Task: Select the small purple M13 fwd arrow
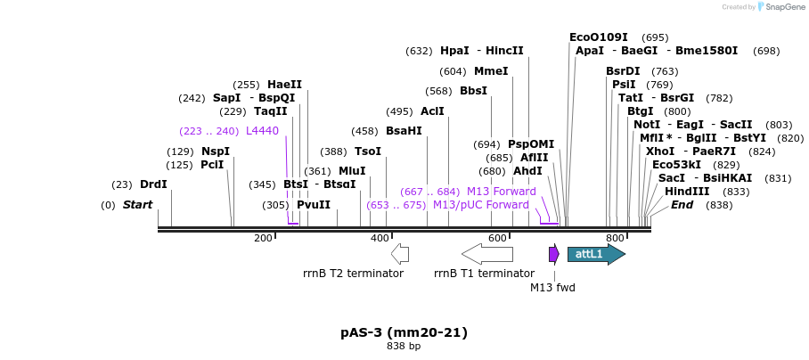[553, 255]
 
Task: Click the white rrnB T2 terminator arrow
[400, 254]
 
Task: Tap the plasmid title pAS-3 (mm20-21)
[404, 332]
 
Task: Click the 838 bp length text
[404, 346]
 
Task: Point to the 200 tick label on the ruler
[263, 239]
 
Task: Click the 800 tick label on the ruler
[615, 239]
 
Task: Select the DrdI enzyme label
[153, 184]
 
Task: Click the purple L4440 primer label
[262, 131]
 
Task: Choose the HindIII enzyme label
[687, 192]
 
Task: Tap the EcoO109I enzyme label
[599, 37]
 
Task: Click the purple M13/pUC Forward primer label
[481, 205]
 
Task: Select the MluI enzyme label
[352, 171]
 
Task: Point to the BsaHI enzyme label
[404, 131]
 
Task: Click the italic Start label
[137, 205]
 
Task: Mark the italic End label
[682, 205]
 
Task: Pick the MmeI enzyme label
[491, 71]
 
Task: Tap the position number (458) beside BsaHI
[364, 131]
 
